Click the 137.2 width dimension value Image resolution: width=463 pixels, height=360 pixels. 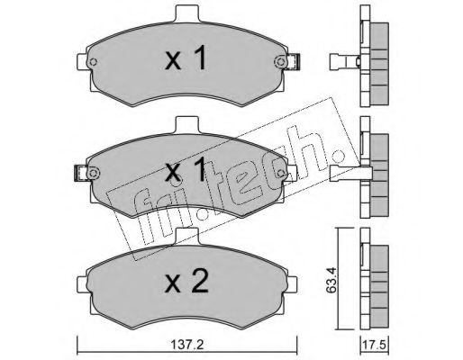(x=187, y=344)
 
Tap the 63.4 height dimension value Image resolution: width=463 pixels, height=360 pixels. (x=331, y=280)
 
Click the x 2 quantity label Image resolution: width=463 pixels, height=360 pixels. (x=186, y=281)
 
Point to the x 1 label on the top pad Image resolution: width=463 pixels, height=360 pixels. (x=186, y=58)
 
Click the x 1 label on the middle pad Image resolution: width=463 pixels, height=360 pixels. (x=186, y=169)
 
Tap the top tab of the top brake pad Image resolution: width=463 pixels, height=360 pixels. (x=187, y=14)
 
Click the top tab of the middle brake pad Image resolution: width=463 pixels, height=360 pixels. (x=187, y=125)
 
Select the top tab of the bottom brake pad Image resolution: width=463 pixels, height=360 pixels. (x=187, y=236)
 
